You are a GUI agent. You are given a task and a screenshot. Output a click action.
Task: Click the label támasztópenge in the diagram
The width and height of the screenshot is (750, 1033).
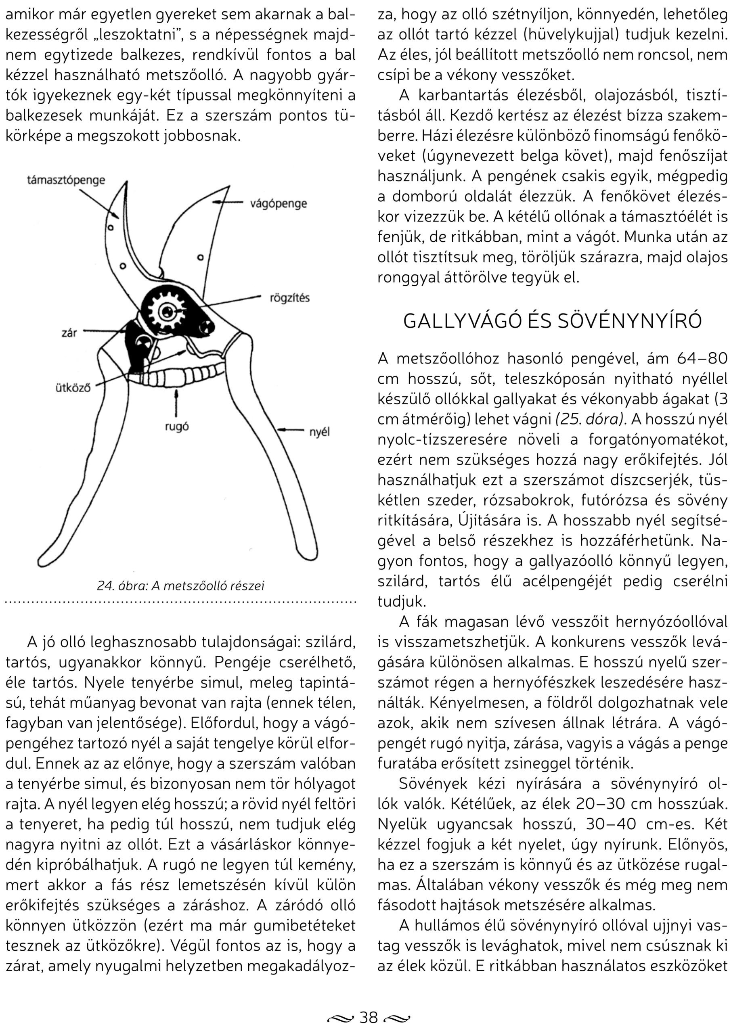point(66,180)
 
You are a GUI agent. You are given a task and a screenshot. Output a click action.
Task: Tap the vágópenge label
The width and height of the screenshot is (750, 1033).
point(279,204)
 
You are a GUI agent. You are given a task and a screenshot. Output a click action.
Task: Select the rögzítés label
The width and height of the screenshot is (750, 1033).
point(290,298)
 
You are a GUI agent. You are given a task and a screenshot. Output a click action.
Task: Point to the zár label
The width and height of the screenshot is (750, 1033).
point(69,333)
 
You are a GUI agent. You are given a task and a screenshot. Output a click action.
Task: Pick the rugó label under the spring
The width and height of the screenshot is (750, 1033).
point(176,427)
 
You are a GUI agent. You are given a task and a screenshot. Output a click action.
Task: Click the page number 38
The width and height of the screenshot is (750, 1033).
point(369,1016)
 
